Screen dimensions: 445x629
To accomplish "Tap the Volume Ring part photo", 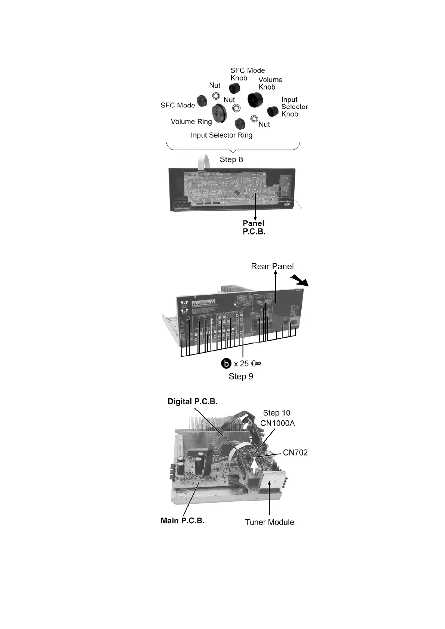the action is [x=219, y=113].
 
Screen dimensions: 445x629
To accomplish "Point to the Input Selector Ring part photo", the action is [x=239, y=123].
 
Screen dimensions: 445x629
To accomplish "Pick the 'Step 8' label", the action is [x=231, y=160].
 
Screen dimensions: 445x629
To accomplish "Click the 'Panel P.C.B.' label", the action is [x=254, y=227].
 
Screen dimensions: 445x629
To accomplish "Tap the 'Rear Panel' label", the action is [x=272, y=266].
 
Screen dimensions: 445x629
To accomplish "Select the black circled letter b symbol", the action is [x=226, y=363].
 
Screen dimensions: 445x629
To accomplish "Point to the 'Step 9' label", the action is [x=241, y=376].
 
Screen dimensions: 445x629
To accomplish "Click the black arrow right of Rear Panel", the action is [x=300, y=280].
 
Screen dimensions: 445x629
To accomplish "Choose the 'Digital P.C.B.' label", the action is [x=193, y=402].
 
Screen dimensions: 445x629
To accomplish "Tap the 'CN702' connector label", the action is [x=295, y=452].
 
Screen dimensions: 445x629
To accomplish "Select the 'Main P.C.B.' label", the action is [x=182, y=521].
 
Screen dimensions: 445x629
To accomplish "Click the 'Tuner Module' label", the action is [x=269, y=522].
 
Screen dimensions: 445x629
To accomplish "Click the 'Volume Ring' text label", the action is [x=191, y=122].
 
